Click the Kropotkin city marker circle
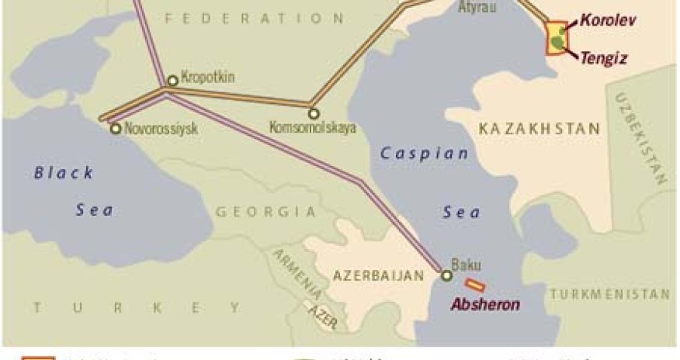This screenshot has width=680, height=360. pos(172,81)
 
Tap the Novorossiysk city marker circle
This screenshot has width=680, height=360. pos(116,129)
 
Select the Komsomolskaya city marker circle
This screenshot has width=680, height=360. pos(314,113)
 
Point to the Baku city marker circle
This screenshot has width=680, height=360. pos(446,275)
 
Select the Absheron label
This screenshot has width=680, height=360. pos(486,304)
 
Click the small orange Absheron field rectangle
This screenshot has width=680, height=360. pos(475,286)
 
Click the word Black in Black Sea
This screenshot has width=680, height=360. pos(64,172)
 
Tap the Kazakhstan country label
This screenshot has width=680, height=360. pos(539,129)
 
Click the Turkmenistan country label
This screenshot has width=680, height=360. pos(609,295)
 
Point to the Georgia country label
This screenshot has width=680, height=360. pos(265,211)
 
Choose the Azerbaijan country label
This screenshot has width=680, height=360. pos(380,275)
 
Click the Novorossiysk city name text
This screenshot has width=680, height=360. pos(161,130)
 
